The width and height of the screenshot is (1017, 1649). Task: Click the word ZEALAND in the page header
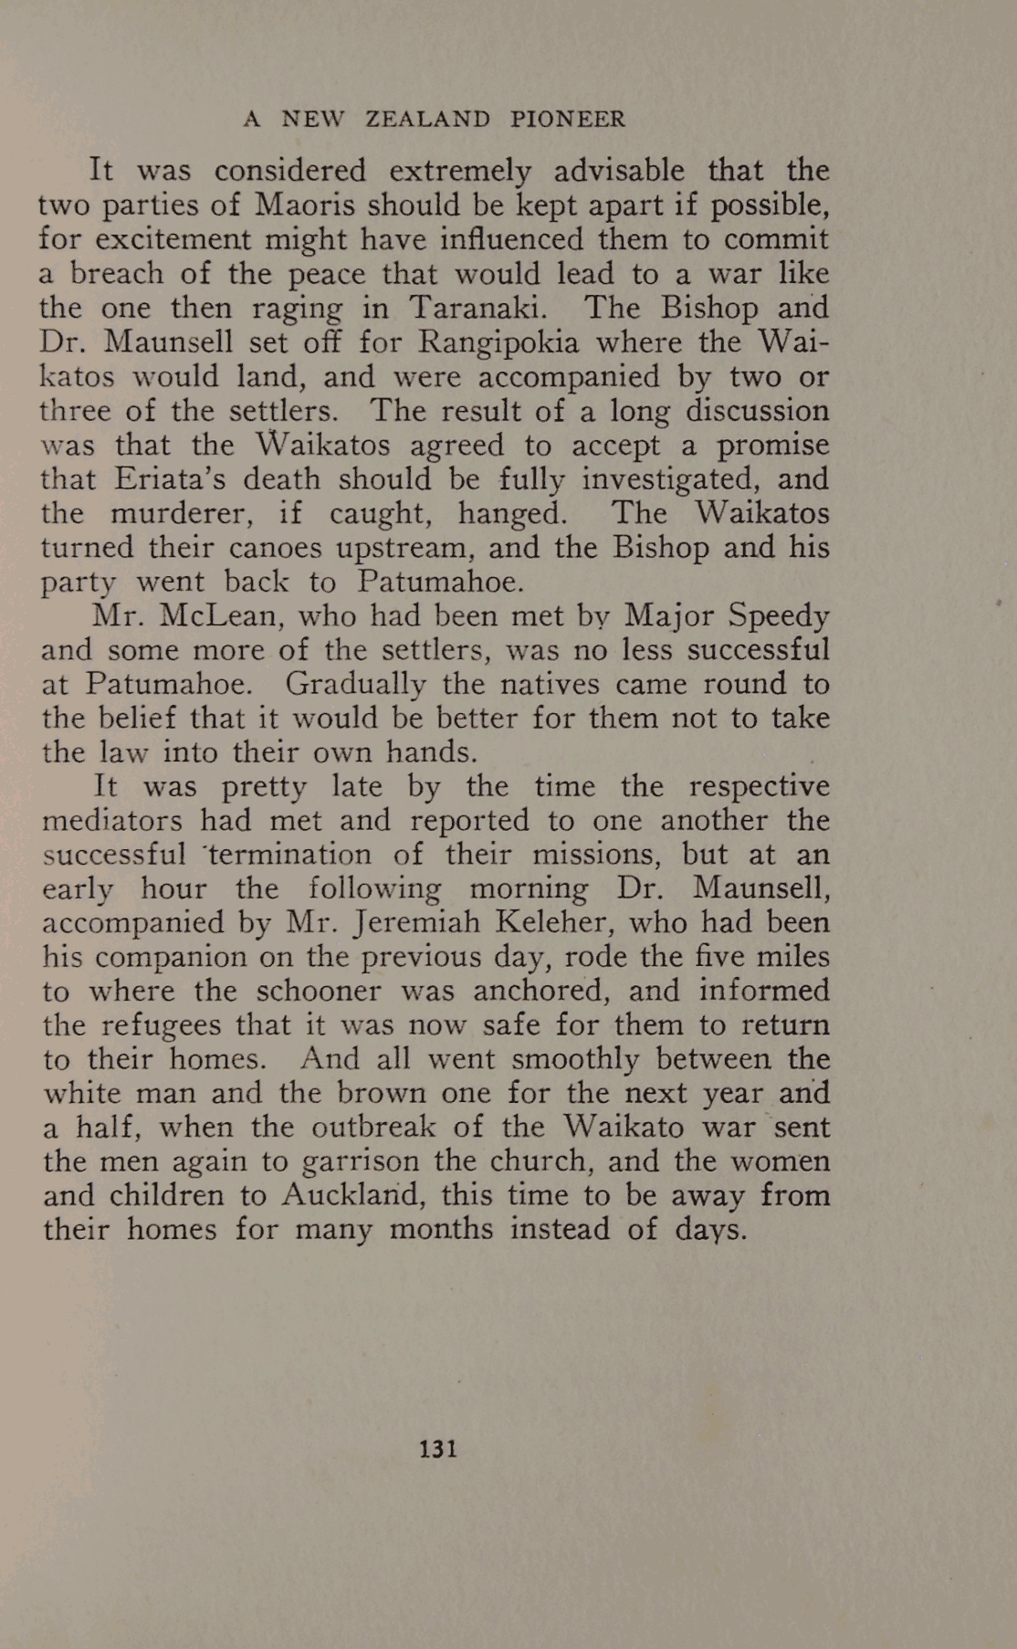click(x=427, y=120)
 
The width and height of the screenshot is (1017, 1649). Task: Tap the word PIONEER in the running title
click(x=567, y=120)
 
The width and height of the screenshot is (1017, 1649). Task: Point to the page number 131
click(x=438, y=1449)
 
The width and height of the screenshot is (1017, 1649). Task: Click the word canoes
click(x=275, y=548)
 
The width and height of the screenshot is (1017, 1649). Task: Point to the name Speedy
click(x=779, y=616)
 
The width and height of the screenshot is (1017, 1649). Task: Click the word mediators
click(x=112, y=820)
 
